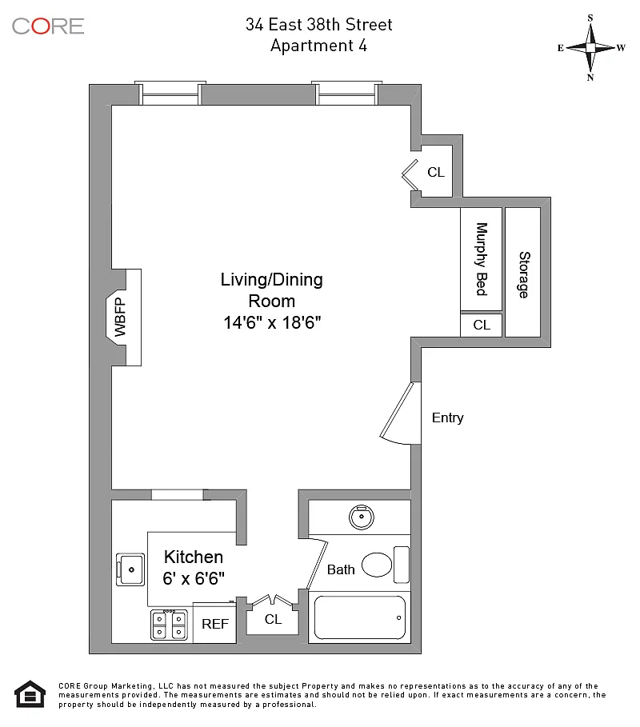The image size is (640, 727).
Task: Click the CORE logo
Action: tap(48, 26)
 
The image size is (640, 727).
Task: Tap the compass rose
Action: tap(590, 47)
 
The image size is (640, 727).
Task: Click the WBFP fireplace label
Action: tap(121, 318)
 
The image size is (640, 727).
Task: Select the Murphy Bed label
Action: tap(482, 259)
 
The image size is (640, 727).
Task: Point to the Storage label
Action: tap(524, 274)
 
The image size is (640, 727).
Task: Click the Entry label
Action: tap(447, 417)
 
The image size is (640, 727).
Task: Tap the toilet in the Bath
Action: tap(378, 565)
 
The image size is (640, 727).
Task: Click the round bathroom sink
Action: tap(362, 517)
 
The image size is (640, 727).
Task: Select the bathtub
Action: tap(358, 617)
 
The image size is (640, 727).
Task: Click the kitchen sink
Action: tap(130, 569)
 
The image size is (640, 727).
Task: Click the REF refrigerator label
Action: tap(215, 625)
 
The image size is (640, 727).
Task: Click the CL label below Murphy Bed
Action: tap(482, 325)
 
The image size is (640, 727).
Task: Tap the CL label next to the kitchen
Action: tap(273, 619)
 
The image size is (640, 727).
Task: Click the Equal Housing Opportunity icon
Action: tap(30, 693)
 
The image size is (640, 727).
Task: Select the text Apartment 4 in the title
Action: tap(318, 46)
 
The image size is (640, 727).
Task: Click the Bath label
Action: tap(341, 570)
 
